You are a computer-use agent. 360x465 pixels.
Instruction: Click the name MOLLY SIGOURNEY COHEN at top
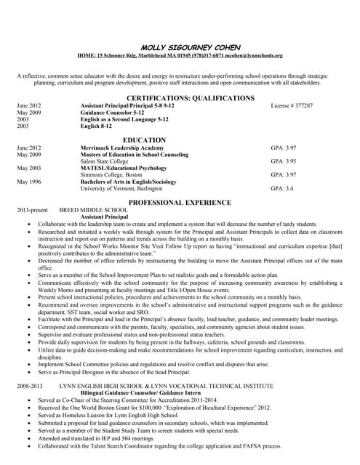coord(180,46)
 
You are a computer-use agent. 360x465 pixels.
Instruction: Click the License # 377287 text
coord(292,106)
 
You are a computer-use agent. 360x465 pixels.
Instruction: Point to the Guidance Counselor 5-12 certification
coord(113,113)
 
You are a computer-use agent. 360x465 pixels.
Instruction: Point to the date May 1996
coord(29,182)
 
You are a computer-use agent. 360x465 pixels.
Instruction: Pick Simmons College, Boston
coord(111,175)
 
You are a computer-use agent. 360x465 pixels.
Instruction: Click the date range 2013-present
coord(32,210)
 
